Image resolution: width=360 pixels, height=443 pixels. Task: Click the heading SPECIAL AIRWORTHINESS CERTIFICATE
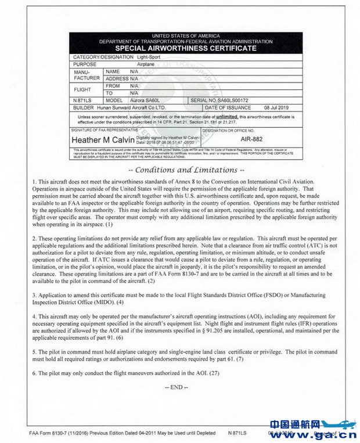pos(186,48)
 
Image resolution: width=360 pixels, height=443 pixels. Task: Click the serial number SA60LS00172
pos(229,100)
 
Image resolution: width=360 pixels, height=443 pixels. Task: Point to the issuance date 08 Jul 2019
pos(276,107)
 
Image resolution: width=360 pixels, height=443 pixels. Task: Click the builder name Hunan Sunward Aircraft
pos(131,107)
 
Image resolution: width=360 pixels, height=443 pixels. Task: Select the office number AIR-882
pos(251,140)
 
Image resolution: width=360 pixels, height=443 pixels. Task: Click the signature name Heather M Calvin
pos(103,141)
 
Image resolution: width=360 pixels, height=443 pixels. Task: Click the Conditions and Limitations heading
pos(186,170)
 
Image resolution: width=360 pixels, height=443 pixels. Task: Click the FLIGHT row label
pos(82,89)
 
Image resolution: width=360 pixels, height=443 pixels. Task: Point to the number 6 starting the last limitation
pos(33,373)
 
